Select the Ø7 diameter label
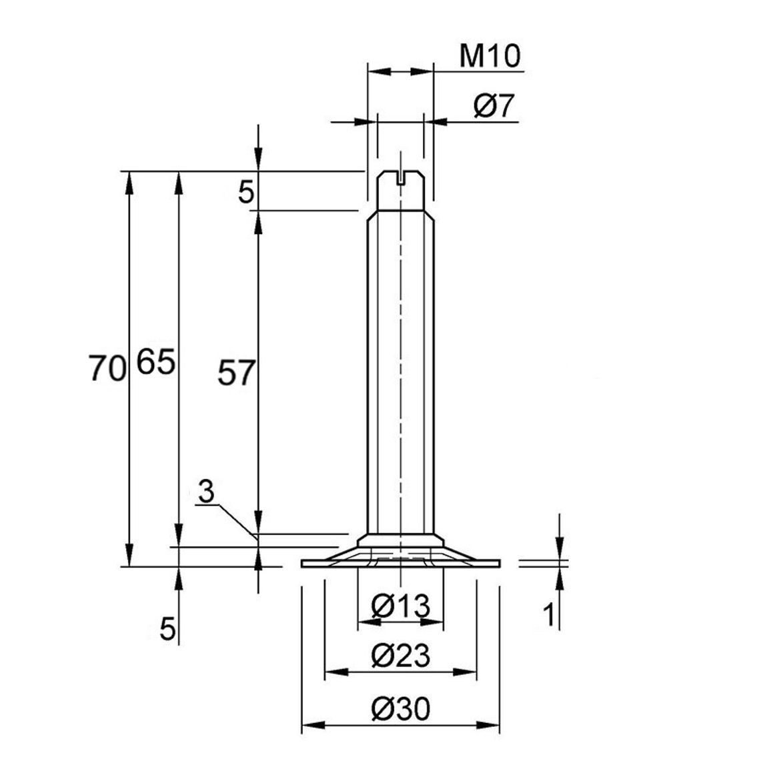click(494, 106)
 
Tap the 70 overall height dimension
click(107, 369)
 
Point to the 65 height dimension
click(155, 362)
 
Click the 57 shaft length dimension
click(237, 372)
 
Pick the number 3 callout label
click(207, 492)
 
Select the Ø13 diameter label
click(401, 606)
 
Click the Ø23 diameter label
click(401, 656)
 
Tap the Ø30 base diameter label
click(401, 709)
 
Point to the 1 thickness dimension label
click(549, 614)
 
